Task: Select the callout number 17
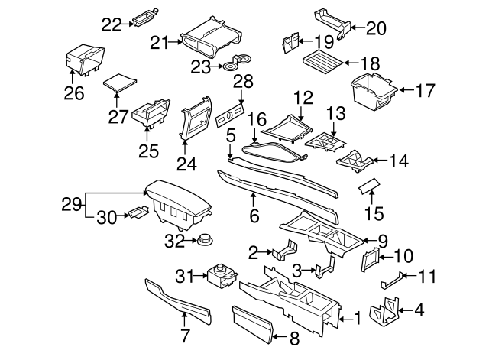tap(424, 91)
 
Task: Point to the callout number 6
tap(254, 217)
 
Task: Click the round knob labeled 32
tap(204, 242)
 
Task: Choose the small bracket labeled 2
tap(287, 252)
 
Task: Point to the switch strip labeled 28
tap(229, 115)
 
